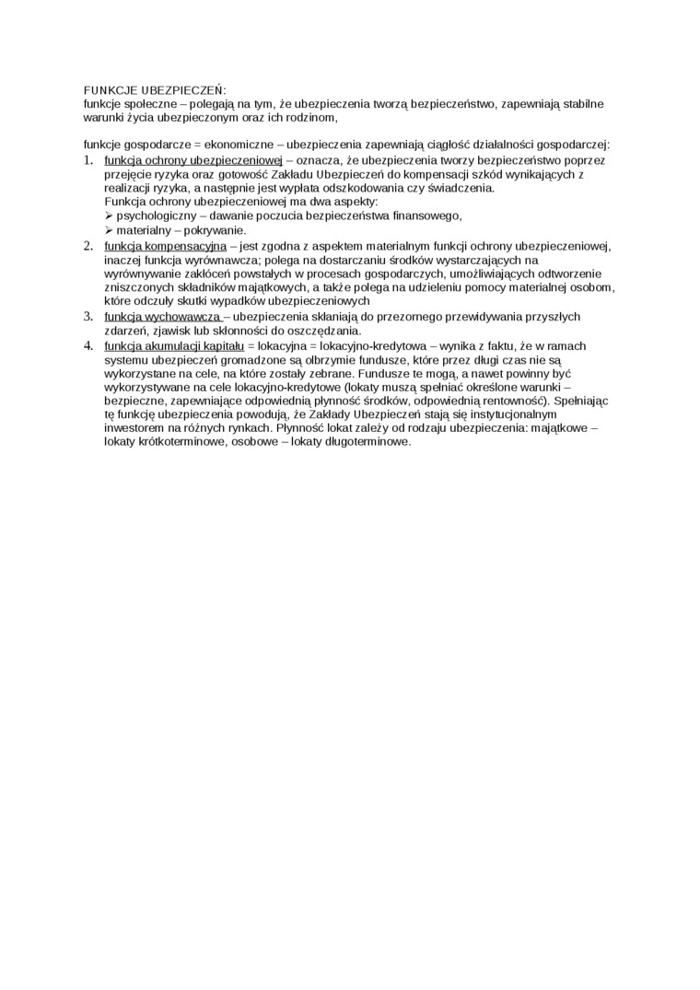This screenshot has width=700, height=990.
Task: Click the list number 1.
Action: [x=88, y=159]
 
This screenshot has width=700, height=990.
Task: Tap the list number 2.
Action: [x=88, y=246]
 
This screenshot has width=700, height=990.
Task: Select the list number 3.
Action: [x=88, y=317]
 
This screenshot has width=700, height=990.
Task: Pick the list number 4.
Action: [x=88, y=345]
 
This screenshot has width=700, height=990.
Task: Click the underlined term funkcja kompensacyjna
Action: [x=166, y=246]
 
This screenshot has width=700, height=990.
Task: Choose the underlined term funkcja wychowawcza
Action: [x=163, y=318]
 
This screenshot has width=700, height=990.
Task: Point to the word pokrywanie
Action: [x=218, y=230]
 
